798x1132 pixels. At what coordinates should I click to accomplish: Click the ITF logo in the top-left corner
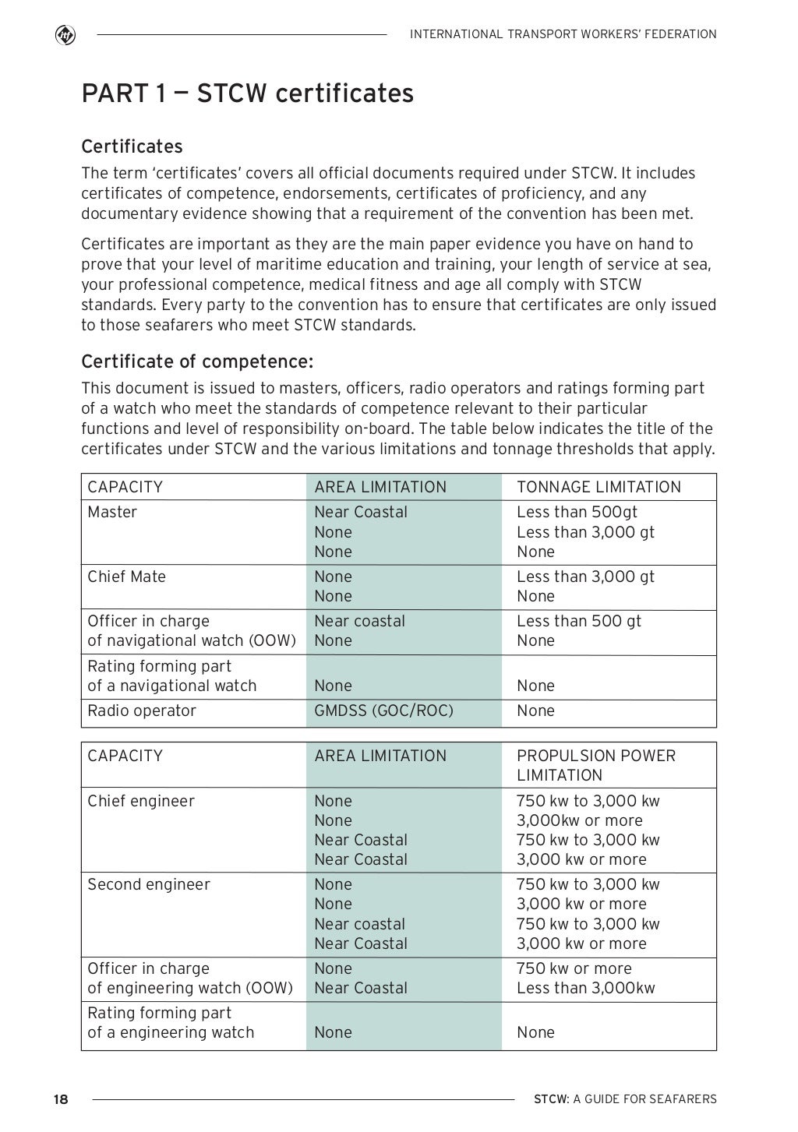point(65,35)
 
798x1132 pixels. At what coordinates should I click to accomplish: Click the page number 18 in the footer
point(61,1099)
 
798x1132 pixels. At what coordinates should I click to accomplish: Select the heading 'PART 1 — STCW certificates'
point(247,93)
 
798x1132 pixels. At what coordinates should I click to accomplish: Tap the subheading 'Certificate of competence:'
point(197,362)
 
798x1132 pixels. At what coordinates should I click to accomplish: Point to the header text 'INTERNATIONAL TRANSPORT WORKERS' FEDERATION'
point(563,34)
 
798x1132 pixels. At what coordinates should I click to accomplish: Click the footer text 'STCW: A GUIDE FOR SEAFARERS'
point(625,1099)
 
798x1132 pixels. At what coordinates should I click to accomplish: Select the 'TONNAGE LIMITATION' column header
point(598,487)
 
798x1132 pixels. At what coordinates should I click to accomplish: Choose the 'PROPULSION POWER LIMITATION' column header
point(595,765)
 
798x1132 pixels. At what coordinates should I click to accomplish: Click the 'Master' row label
point(112,512)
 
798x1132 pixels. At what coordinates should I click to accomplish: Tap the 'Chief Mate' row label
point(126,577)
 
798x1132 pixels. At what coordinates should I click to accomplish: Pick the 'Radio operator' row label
point(142,711)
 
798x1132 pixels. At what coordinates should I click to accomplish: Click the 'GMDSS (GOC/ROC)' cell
point(383,711)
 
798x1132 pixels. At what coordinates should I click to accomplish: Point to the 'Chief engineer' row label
point(141,801)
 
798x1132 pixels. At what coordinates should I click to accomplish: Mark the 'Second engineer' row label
point(149,884)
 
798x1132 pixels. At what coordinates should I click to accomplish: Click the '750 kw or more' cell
point(574,968)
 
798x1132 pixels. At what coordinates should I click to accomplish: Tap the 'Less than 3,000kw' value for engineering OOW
point(585,988)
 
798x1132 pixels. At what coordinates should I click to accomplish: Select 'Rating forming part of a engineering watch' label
point(171,1022)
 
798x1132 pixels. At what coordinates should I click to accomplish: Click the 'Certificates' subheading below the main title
point(132,146)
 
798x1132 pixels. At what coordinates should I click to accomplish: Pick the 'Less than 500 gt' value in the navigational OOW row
point(579,621)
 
